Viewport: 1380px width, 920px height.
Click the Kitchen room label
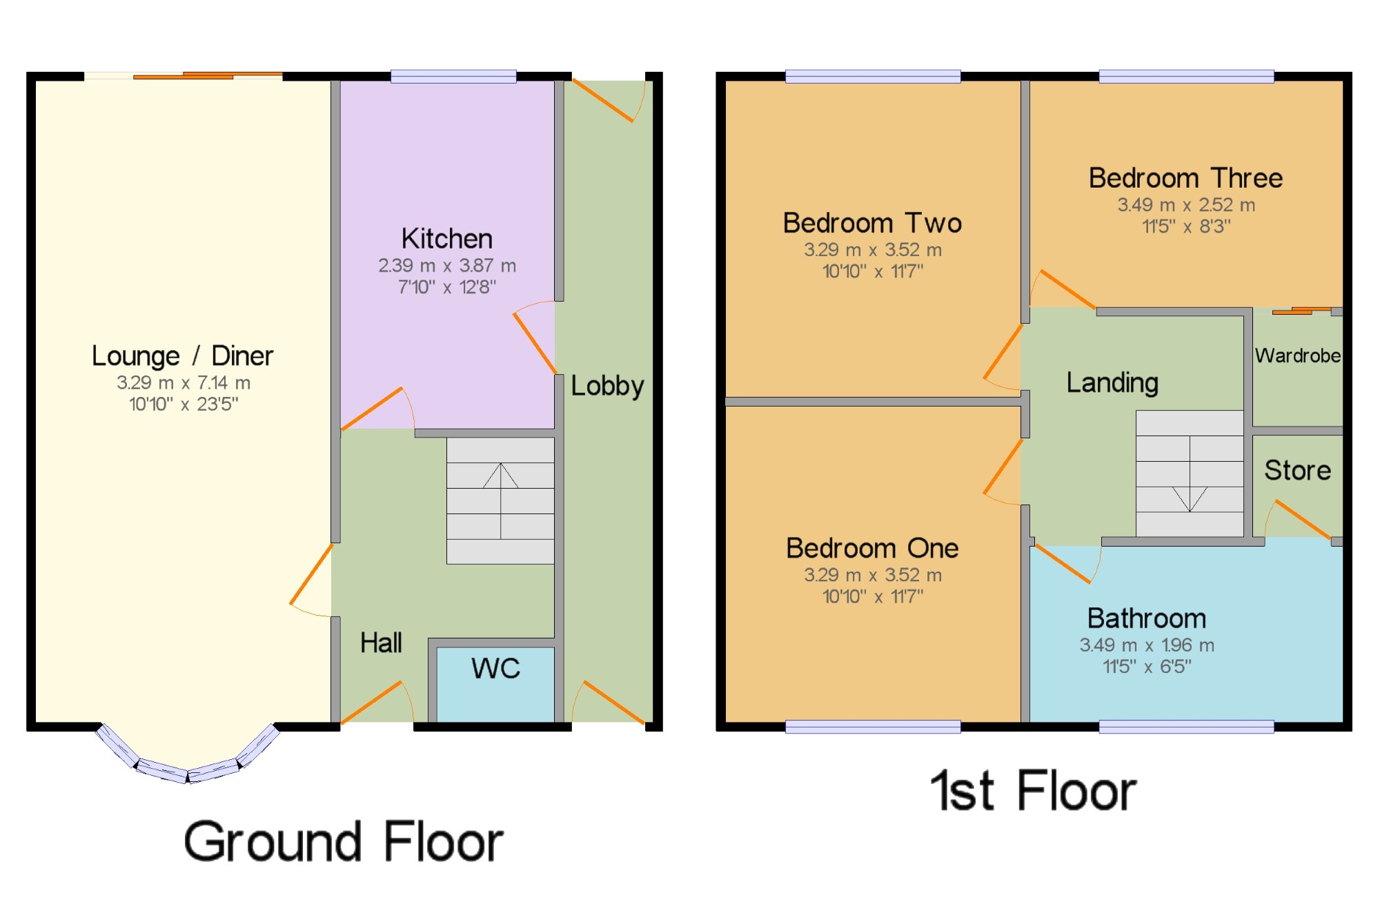coord(447,239)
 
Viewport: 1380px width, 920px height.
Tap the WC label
coord(495,668)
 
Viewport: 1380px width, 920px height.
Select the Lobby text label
coord(607,386)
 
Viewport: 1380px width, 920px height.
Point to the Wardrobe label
coord(1297,355)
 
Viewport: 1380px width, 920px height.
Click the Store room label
coord(1297,470)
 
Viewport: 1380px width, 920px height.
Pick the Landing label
coord(1112,382)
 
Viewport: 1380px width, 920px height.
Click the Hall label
coord(381,643)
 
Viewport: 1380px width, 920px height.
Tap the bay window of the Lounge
coord(188,766)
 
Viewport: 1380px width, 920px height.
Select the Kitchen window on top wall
coord(453,76)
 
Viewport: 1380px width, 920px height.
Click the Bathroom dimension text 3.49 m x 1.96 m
coord(1147,645)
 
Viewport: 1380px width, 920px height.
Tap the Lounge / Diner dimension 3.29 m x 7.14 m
coord(184,382)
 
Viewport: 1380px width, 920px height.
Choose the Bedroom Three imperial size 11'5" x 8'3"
coord(1185,226)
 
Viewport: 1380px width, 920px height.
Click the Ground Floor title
coord(344,842)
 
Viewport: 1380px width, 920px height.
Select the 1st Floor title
coord(1033,791)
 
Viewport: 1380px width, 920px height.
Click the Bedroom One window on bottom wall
coord(873,726)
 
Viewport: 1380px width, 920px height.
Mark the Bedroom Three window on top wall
coord(1186,76)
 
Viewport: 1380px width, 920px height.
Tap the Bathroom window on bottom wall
coord(1186,726)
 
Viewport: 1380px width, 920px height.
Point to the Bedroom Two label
coord(872,224)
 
